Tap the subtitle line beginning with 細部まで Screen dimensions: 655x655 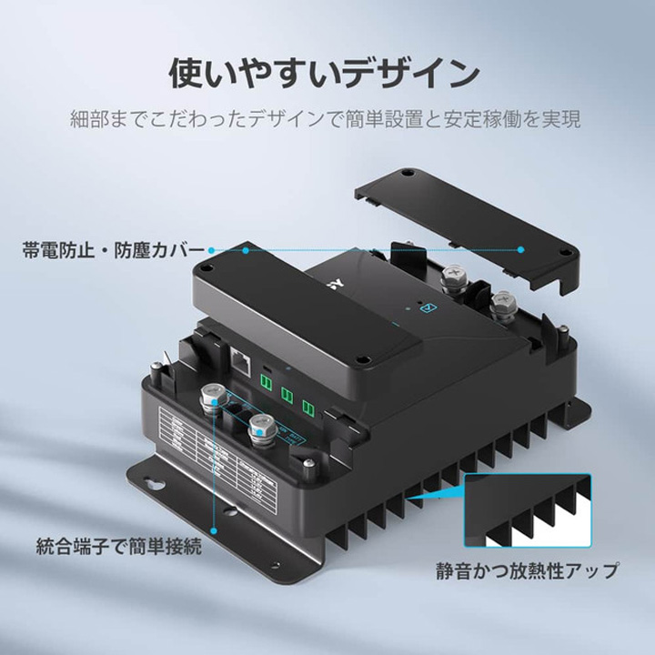coord(327,119)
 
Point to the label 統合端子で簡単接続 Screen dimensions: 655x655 coord(119,548)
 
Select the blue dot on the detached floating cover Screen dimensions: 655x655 coord(521,247)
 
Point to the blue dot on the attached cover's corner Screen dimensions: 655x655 coord(212,248)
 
